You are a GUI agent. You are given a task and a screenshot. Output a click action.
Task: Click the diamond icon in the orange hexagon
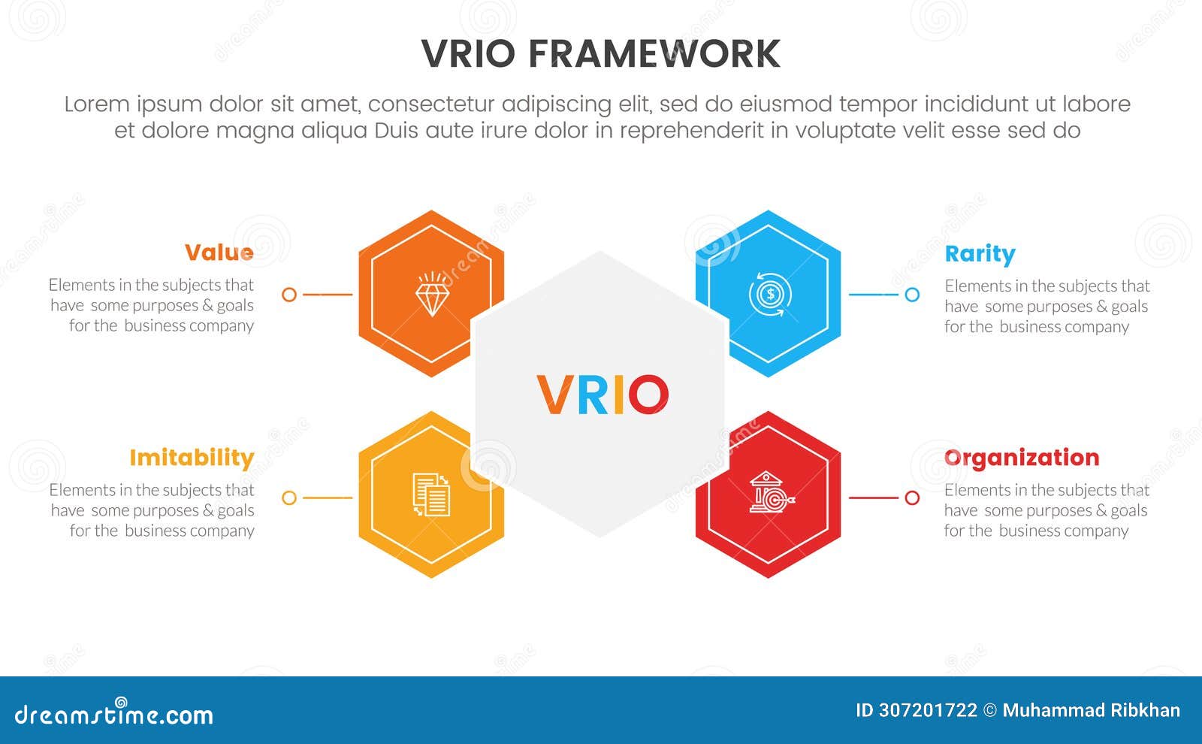coord(432,295)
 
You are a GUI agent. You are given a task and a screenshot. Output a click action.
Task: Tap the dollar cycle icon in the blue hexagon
coord(769,295)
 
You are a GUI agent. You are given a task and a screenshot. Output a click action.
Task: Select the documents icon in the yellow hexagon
coord(432,494)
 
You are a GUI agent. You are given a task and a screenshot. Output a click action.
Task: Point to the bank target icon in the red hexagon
coord(770,494)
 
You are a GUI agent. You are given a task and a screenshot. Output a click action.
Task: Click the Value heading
coord(219,253)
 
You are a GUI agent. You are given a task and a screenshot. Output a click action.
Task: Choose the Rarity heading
coord(980,254)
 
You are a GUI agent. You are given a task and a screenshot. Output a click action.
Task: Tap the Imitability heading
coord(192,458)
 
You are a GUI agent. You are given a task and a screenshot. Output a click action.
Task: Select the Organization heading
coord(1022,458)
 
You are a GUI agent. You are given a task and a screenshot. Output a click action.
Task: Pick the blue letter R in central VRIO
coord(594,395)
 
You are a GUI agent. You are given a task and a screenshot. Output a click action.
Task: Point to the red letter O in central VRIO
coord(648,395)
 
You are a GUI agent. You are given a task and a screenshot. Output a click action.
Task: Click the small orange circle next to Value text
coord(289,295)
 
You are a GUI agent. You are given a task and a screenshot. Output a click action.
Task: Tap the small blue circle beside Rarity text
coord(912,295)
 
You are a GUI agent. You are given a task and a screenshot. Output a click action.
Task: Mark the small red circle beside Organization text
coord(912,498)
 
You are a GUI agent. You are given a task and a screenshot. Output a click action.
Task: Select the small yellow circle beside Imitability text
coord(289,498)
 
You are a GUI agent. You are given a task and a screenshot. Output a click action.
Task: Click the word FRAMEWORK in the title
coord(654,54)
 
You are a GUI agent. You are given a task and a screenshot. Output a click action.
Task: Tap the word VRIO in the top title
coord(469,54)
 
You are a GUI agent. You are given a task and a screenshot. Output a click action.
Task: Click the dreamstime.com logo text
coord(114,714)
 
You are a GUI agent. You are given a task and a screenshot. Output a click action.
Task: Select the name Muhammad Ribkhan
coord(1091,711)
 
